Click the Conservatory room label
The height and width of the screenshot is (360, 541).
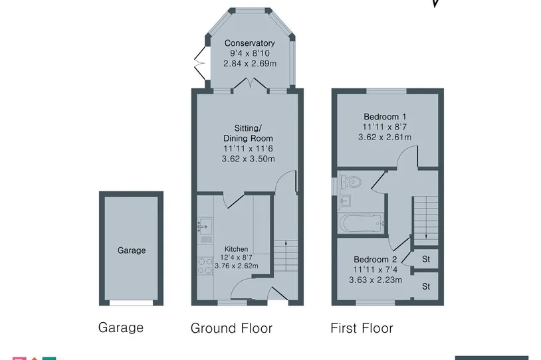coord(249,43)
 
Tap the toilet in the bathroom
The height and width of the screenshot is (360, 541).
coord(350,181)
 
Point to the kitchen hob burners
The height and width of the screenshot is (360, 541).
coord(205,266)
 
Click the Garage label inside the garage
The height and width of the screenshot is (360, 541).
coord(132,250)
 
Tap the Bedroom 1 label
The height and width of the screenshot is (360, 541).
coord(385,116)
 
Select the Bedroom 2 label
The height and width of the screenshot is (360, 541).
coord(376,259)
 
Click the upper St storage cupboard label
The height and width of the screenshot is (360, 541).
coord(426,259)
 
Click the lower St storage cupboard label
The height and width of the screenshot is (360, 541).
coord(426,286)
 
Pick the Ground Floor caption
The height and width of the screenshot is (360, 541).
coord(231,328)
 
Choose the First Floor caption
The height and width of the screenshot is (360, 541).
coord(362,328)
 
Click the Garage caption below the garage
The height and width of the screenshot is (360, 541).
coord(121,327)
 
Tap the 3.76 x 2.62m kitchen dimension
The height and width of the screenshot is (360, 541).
coord(237,266)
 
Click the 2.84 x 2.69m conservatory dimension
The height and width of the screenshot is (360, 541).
coord(250,64)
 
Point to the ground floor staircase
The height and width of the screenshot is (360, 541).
coord(286,256)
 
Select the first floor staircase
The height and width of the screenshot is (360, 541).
coord(426,218)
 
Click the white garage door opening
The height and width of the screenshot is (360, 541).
coord(131,303)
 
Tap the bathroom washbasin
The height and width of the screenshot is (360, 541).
coord(345,201)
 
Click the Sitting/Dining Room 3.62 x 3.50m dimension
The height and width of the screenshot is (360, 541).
coord(249,159)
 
